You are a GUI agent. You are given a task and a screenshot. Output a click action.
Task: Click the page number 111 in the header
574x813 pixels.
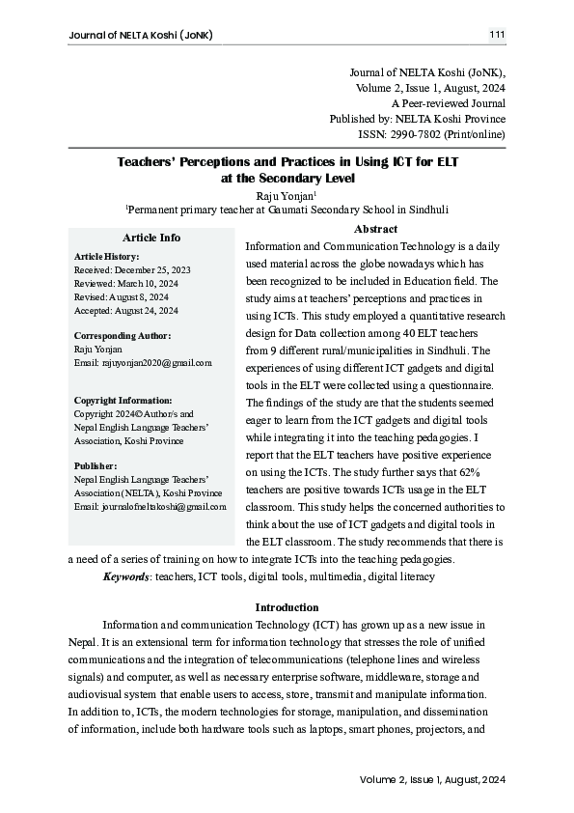[497, 36]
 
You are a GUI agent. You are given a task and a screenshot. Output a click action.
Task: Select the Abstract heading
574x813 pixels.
[375, 229]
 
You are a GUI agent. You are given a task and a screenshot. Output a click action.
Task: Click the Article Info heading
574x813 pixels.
[151, 238]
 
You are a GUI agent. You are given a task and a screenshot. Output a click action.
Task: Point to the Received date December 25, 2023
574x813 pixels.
[141, 269]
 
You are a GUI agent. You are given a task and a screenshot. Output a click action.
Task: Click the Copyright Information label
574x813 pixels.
[123, 400]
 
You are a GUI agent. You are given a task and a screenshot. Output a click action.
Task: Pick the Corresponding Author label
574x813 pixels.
[122, 335]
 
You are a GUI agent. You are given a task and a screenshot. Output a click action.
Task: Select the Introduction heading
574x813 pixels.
[287, 607]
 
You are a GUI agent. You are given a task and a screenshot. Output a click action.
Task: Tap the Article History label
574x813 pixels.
[107, 256]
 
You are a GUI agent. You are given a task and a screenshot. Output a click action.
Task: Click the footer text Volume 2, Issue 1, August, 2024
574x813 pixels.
[432, 779]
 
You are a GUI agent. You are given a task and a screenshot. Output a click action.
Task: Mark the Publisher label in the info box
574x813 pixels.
[96, 464]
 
